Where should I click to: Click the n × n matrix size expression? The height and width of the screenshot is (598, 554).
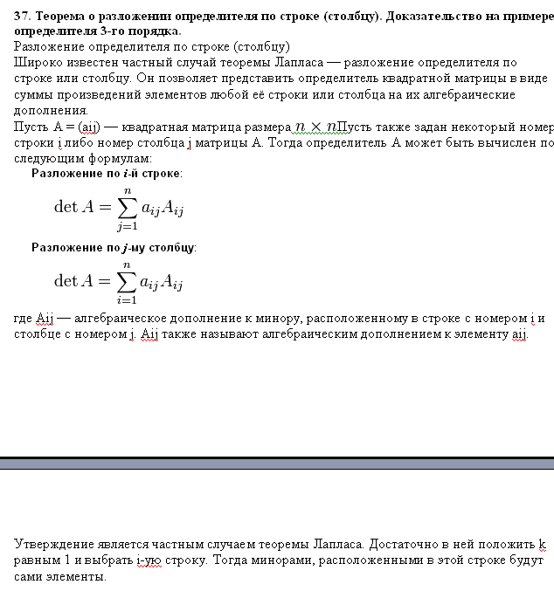pyautogui.click(x=315, y=126)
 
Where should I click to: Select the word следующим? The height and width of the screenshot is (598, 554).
pyautogui.click(x=50, y=158)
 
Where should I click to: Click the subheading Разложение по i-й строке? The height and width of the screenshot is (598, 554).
pyautogui.click(x=107, y=174)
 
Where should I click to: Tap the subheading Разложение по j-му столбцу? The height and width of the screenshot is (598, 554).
pyautogui.click(x=114, y=248)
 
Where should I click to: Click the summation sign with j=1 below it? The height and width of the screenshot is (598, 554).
pyautogui.click(x=128, y=206)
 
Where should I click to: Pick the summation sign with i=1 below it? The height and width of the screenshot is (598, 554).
pyautogui.click(x=128, y=280)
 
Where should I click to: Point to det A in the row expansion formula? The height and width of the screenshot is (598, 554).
pyautogui.click(x=73, y=207)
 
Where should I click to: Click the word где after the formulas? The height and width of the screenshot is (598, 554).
pyautogui.click(x=24, y=319)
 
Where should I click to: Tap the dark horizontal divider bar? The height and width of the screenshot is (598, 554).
pyautogui.click(x=277, y=463)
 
